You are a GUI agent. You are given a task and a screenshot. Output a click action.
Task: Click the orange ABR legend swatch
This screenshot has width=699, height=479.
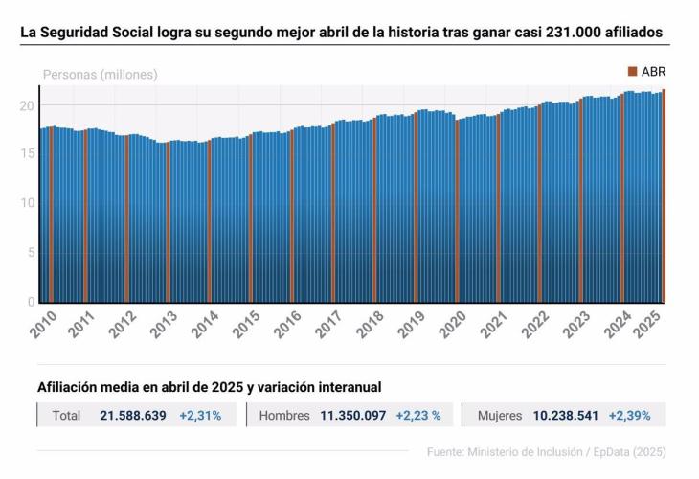632,72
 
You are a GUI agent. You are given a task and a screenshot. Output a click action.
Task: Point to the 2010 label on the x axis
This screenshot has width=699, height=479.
44,325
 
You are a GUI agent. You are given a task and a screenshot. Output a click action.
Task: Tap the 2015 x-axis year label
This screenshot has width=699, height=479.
250,325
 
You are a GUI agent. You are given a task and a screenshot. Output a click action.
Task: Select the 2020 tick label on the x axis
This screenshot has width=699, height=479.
455,325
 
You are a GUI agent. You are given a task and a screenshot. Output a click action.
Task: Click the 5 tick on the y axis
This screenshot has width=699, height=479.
32,253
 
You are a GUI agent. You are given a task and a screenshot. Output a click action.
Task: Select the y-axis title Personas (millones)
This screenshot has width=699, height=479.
101,74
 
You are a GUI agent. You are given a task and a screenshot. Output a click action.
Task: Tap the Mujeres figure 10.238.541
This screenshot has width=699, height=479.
565,416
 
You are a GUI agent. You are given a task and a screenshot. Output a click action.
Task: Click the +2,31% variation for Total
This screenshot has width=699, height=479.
200,416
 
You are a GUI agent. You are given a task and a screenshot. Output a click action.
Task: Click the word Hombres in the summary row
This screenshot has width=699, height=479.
284,416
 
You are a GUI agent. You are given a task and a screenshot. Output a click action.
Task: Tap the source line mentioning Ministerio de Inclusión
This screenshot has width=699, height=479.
546,451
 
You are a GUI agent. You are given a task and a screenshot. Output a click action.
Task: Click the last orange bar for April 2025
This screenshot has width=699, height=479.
665,195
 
